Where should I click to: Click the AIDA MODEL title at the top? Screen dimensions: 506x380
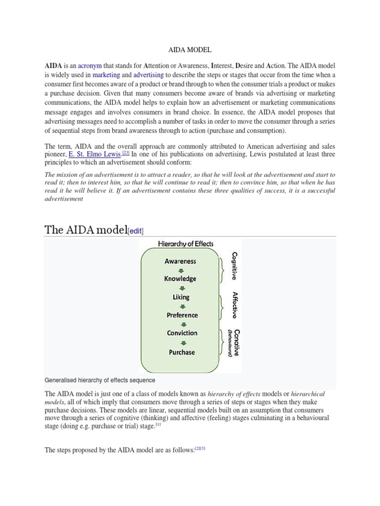click(x=190, y=50)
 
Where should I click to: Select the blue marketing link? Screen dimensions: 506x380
click(x=106, y=75)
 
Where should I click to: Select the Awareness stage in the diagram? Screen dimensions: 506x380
click(x=180, y=261)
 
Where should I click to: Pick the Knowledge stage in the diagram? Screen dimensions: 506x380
click(x=180, y=279)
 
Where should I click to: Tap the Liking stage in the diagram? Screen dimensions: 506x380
click(x=181, y=297)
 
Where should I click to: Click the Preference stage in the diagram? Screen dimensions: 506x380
click(x=182, y=315)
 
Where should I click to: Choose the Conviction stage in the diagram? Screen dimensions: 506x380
click(x=182, y=334)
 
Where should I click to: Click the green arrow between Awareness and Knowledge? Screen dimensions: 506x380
click(x=181, y=270)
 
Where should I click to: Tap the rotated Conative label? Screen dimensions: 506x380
click(x=237, y=342)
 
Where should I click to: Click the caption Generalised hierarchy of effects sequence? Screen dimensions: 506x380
click(x=100, y=380)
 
